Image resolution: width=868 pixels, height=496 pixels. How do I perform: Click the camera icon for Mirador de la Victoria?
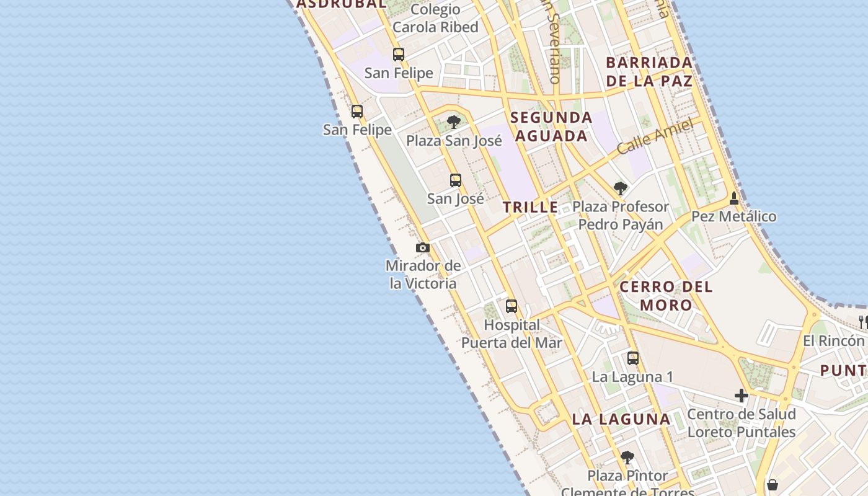[423, 248]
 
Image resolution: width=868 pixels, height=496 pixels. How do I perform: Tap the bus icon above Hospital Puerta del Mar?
[511, 306]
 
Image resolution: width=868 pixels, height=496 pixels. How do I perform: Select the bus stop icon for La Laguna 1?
[633, 358]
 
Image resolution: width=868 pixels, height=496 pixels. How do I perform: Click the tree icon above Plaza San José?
[454, 122]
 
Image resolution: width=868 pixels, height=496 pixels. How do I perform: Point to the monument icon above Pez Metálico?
[734, 198]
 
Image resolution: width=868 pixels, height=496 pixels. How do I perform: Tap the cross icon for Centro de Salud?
[742, 396]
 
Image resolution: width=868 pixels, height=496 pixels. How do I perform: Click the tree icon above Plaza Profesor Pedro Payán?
[620, 188]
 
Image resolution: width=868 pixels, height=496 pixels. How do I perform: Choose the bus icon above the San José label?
[456, 180]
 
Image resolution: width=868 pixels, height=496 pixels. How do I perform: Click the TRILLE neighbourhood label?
[531, 208]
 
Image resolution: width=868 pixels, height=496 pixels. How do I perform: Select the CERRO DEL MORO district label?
[666, 296]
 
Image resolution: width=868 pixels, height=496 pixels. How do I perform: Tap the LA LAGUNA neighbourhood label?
[621, 419]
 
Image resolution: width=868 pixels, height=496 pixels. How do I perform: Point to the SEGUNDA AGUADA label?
[551, 126]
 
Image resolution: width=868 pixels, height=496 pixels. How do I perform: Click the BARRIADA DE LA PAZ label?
[649, 71]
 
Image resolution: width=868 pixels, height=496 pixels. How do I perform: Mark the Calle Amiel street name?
[655, 136]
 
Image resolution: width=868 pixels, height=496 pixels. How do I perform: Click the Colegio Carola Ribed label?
[435, 19]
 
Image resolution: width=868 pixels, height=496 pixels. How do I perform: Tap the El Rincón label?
[833, 341]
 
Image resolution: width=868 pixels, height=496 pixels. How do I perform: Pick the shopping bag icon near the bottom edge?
[773, 485]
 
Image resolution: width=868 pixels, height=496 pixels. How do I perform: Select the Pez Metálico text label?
[734, 216]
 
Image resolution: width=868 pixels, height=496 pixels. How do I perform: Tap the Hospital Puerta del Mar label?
[511, 334]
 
